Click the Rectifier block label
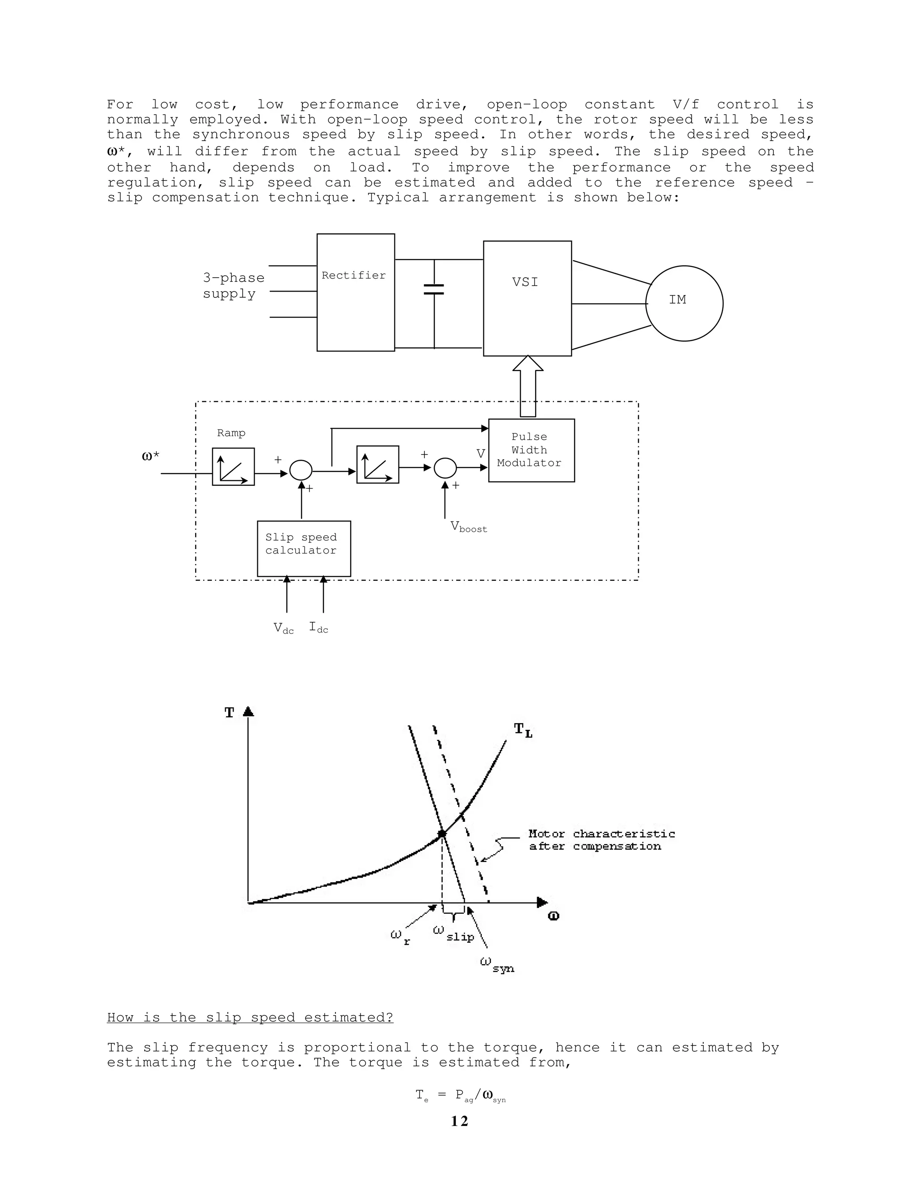353,275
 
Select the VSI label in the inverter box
525,282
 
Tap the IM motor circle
684,303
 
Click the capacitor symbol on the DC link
434,289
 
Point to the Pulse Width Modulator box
531,450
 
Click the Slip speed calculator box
303,548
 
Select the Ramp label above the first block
231,433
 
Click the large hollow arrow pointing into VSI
528,386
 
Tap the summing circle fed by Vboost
445,468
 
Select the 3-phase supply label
233,285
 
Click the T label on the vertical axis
229,713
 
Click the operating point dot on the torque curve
442,833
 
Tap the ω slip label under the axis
454,933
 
